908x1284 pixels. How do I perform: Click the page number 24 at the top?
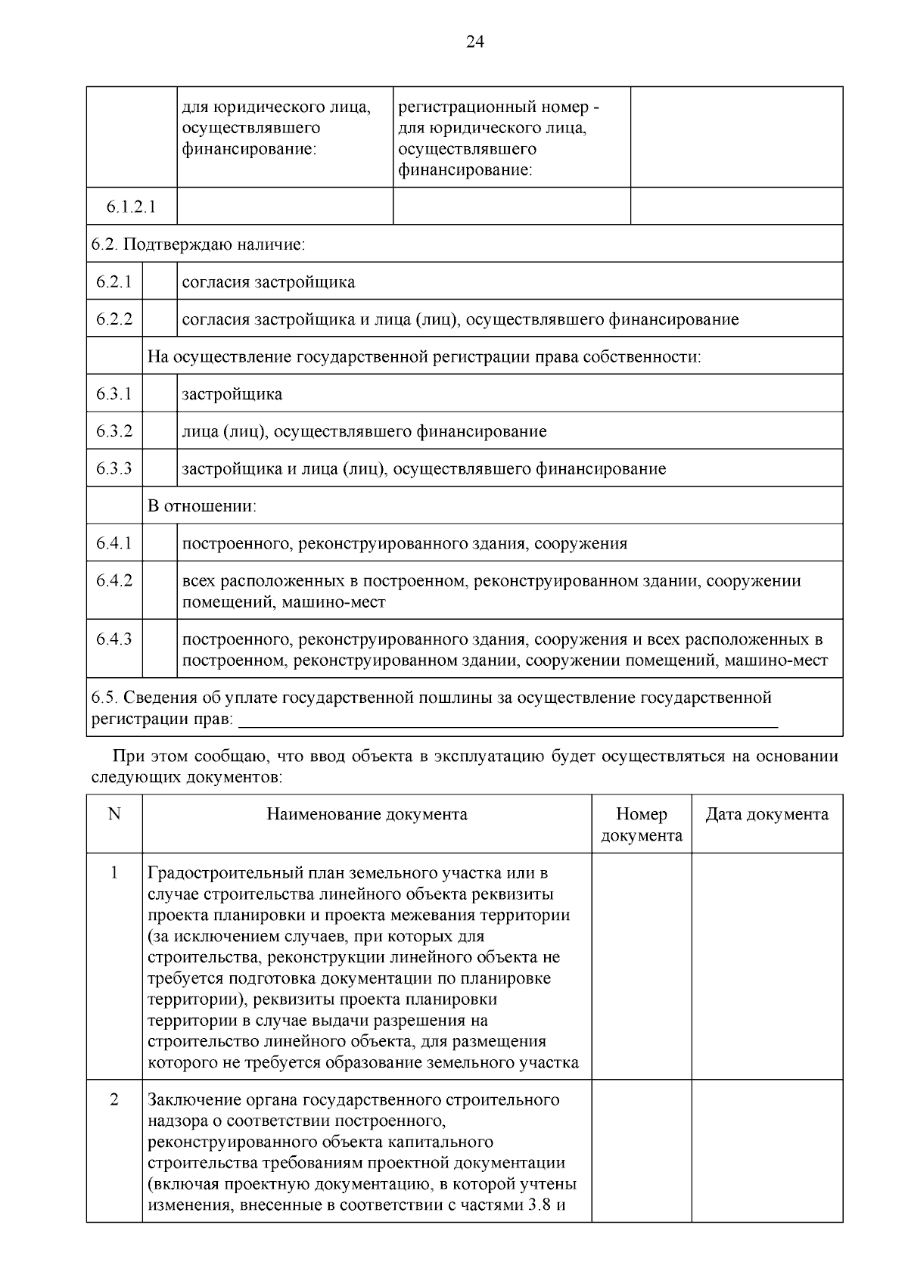coord(474,42)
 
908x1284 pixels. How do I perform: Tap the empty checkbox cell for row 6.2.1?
coord(160,281)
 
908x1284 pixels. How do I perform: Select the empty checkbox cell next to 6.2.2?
coord(160,319)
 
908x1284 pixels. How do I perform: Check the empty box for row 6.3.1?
coord(160,393)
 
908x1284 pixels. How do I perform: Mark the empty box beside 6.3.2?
coord(160,431)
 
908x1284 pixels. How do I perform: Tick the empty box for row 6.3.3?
coord(160,468)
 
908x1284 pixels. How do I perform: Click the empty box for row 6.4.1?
coord(160,543)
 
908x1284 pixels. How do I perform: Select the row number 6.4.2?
coord(114,580)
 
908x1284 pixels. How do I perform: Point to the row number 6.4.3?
coord(114,639)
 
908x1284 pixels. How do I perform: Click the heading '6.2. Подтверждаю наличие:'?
coord(198,244)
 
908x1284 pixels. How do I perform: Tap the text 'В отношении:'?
coord(202,505)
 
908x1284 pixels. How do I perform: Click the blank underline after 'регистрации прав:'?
coord(507,719)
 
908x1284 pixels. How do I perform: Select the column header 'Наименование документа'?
coord(367,814)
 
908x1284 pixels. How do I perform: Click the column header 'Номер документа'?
coord(642,825)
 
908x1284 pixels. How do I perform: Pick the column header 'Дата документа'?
coord(767,814)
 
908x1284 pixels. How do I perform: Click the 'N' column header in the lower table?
coord(114,814)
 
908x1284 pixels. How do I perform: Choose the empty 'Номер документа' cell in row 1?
coord(642,966)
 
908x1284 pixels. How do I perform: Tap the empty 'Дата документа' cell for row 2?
coord(767,1150)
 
